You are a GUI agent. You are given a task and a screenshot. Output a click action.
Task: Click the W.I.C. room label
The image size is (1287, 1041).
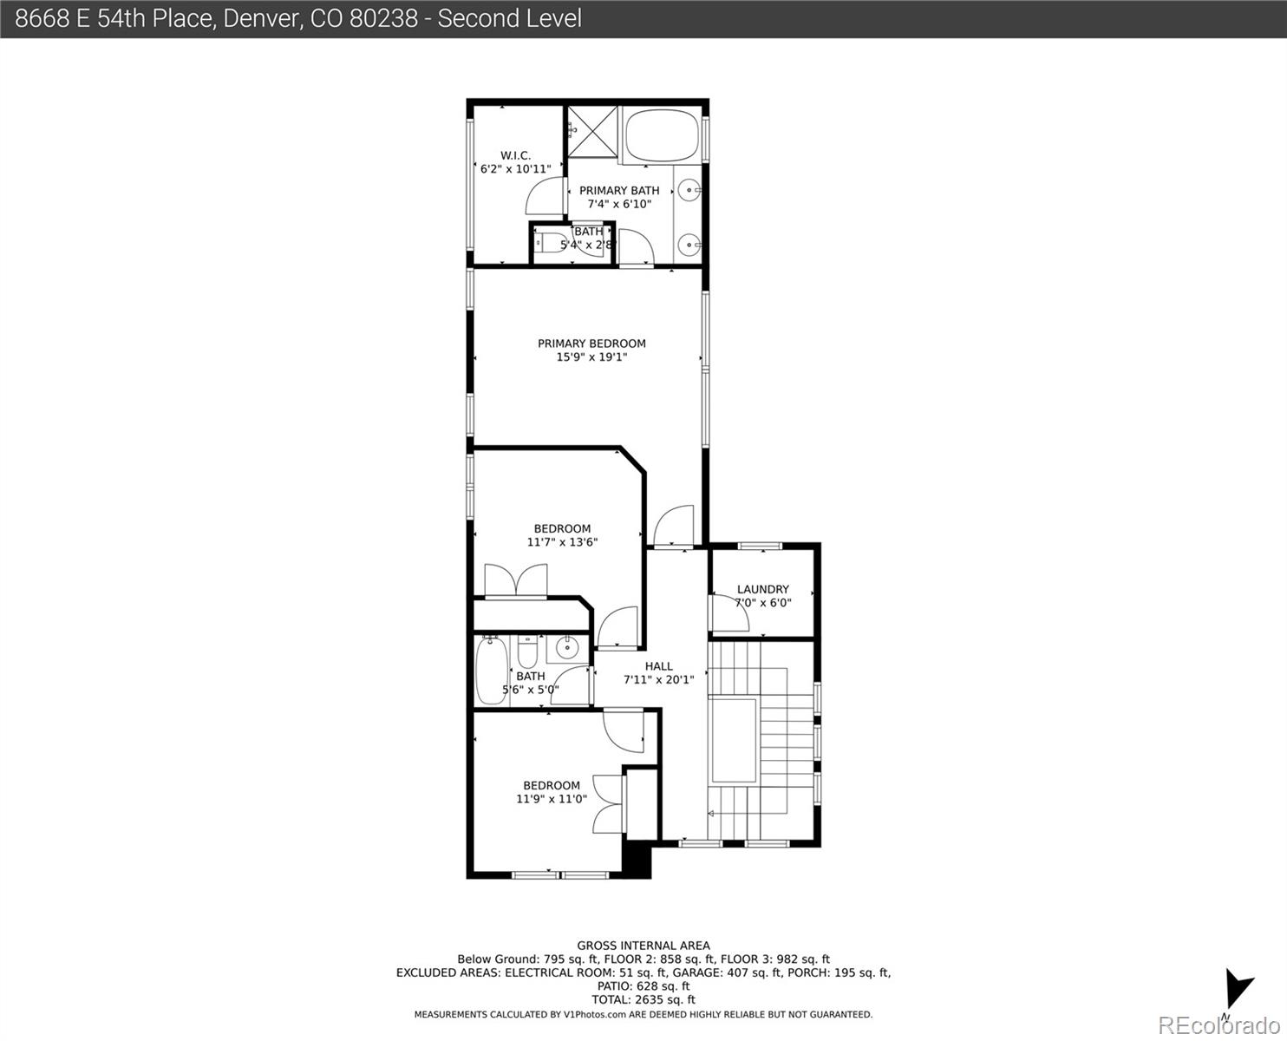pos(515,156)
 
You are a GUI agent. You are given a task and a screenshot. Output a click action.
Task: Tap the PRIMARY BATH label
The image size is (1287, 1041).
pos(619,191)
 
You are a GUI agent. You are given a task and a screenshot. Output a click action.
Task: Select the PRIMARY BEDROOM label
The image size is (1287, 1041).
pos(591,344)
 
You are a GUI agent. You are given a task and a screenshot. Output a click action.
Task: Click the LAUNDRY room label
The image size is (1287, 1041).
pos(762,589)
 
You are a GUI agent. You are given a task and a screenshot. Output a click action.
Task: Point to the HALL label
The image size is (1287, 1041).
pos(658,666)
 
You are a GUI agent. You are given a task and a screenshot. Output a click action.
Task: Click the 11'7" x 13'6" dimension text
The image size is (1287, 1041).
pos(562,542)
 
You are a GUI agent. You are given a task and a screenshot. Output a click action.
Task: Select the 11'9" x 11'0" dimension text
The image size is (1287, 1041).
pos(552,799)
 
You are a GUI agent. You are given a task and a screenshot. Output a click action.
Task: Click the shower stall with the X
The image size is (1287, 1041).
pos(593,131)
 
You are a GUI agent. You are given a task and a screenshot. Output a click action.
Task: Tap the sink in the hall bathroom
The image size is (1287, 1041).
pos(567,647)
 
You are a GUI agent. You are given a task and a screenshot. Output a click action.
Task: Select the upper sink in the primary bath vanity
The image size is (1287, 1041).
pos(688,188)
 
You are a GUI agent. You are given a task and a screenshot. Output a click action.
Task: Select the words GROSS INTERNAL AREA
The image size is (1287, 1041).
pos(643,946)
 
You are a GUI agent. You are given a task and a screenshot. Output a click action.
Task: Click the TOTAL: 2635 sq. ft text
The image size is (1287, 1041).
pos(643,999)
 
